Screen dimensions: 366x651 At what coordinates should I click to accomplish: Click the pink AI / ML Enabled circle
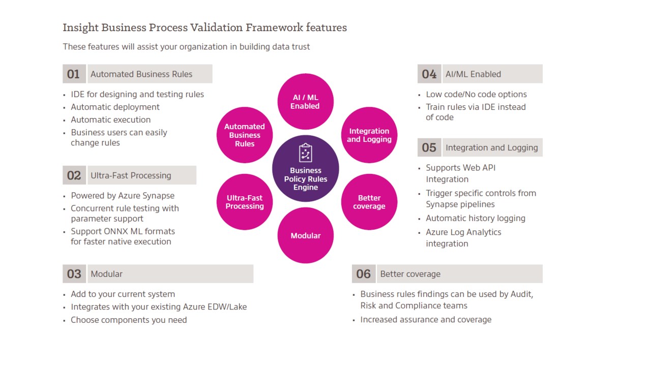(305, 102)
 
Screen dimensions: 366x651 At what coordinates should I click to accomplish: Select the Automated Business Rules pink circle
(245, 135)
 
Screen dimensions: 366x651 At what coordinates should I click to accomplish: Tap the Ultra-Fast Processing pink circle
(245, 202)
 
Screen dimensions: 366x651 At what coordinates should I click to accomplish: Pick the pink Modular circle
(305, 235)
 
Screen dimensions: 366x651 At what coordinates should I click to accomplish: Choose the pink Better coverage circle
(369, 202)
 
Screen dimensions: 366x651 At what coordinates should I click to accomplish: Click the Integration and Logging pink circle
(369, 135)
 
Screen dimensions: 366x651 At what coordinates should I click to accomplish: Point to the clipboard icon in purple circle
(305, 153)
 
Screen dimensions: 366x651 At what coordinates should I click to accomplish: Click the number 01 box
(74, 74)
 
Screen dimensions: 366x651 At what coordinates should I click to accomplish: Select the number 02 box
(74, 175)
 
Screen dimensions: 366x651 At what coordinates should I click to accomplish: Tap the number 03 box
(74, 274)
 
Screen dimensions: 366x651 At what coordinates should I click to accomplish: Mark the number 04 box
(429, 74)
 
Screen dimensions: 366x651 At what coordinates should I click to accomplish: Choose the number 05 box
(429, 147)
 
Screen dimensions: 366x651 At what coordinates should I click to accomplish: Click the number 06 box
(363, 274)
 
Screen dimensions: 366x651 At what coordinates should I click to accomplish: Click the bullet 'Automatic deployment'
(115, 107)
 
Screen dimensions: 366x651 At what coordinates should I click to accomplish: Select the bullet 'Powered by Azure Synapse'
(123, 196)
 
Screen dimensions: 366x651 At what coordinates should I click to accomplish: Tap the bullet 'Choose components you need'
(129, 320)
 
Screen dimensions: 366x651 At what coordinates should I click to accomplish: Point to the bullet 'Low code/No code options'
(476, 94)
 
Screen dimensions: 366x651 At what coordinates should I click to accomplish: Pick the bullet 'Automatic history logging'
(476, 218)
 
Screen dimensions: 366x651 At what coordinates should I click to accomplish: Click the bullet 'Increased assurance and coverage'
(426, 319)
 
